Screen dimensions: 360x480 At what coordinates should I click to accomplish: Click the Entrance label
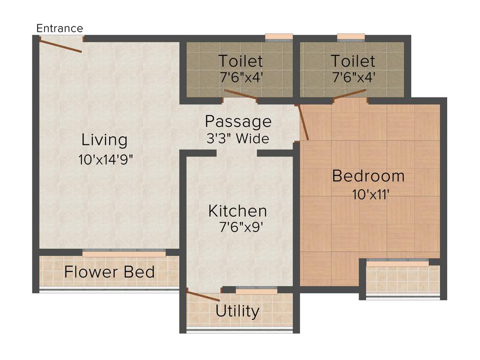(x=60, y=28)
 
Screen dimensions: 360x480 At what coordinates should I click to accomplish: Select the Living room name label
(x=104, y=140)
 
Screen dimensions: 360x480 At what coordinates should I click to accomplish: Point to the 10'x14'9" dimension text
(x=106, y=159)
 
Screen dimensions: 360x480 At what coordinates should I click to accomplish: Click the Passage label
(x=238, y=121)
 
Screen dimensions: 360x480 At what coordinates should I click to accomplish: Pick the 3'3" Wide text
(x=238, y=139)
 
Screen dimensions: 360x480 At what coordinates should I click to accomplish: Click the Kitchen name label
(x=238, y=211)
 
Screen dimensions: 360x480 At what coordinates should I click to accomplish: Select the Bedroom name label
(x=368, y=176)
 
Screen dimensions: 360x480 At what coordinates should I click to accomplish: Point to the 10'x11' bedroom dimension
(x=372, y=194)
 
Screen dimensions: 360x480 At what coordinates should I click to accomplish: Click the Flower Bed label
(x=110, y=272)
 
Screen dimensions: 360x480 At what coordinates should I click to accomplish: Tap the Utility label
(x=237, y=311)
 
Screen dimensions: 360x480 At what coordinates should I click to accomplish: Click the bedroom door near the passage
(x=303, y=123)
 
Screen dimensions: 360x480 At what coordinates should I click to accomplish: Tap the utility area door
(x=203, y=296)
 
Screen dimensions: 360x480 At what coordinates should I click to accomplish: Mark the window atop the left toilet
(x=278, y=37)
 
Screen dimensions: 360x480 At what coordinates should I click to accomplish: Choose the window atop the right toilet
(x=351, y=37)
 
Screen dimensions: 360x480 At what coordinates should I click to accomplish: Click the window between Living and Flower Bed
(x=124, y=253)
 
